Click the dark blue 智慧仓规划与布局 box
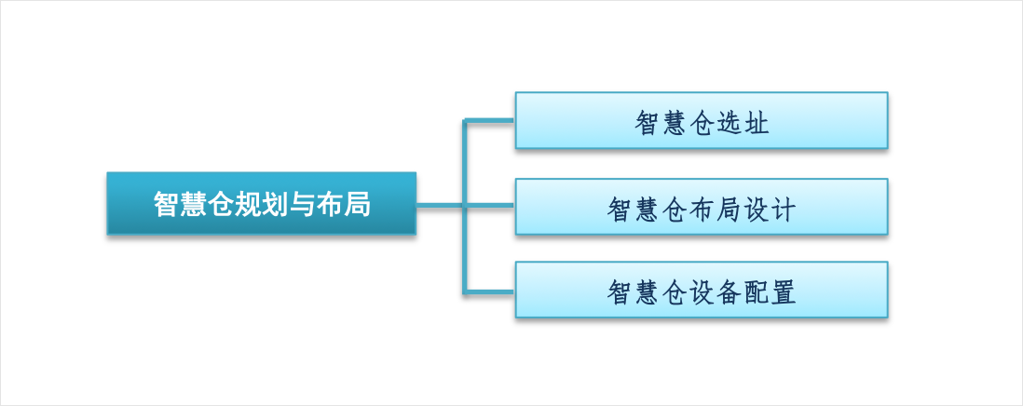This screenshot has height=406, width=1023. pyautogui.click(x=261, y=203)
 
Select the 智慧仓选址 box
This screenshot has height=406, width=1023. pyautogui.click(x=702, y=120)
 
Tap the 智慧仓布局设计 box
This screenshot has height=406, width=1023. pyautogui.click(x=702, y=207)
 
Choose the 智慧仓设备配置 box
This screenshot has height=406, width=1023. pyautogui.click(x=702, y=290)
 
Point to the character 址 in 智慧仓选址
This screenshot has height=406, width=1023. pyautogui.click(x=757, y=123)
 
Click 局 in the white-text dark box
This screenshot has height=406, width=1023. pyautogui.click(x=358, y=204)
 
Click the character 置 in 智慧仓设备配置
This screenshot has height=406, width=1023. pyautogui.click(x=783, y=292)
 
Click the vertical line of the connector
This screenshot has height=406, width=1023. pyautogui.click(x=465, y=206)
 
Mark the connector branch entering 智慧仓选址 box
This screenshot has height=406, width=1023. pyautogui.click(x=488, y=120)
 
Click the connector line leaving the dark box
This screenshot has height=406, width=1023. pyautogui.click(x=465, y=206)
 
